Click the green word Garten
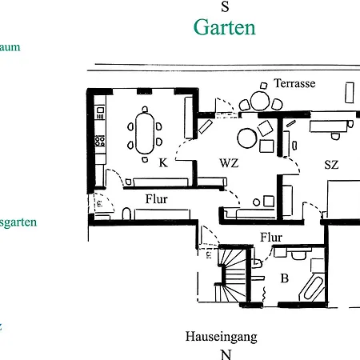tap(225, 28)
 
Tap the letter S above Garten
tap(225, 7)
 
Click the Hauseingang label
tap(221, 336)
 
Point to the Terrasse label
tap(294, 83)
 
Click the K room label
tap(162, 162)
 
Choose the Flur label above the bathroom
tap(271, 237)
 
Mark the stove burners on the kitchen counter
tap(100, 142)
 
